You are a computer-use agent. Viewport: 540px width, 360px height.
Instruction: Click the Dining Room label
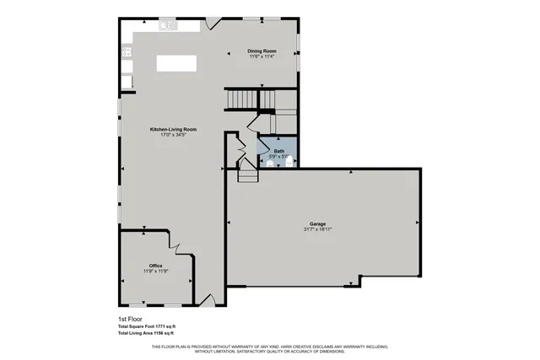pyautogui.click(x=262, y=51)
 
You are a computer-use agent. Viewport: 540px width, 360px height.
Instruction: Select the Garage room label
pyautogui.click(x=317, y=223)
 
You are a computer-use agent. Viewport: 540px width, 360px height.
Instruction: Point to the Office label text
pyautogui.click(x=155, y=266)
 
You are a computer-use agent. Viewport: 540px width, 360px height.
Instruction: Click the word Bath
pyautogui.click(x=278, y=151)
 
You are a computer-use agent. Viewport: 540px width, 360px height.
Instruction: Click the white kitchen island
pyautogui.click(x=176, y=63)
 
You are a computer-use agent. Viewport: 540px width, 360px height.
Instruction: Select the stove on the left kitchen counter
pyautogui.click(x=127, y=52)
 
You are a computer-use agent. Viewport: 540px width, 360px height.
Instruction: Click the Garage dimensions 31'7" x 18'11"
pyautogui.click(x=317, y=229)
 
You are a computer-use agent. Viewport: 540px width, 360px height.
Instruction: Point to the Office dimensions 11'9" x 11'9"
pyautogui.click(x=155, y=271)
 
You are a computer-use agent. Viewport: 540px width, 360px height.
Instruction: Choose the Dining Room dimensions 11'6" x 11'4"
pyautogui.click(x=262, y=57)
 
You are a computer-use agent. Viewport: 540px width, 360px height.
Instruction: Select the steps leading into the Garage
pyautogui.click(x=247, y=175)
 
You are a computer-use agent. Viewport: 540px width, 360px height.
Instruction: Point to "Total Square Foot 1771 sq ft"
pyautogui.click(x=146, y=326)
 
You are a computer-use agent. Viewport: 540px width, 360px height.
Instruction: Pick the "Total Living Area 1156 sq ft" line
pyautogui.click(x=146, y=334)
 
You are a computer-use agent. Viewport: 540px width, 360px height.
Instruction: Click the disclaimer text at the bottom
pyautogui.click(x=269, y=348)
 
